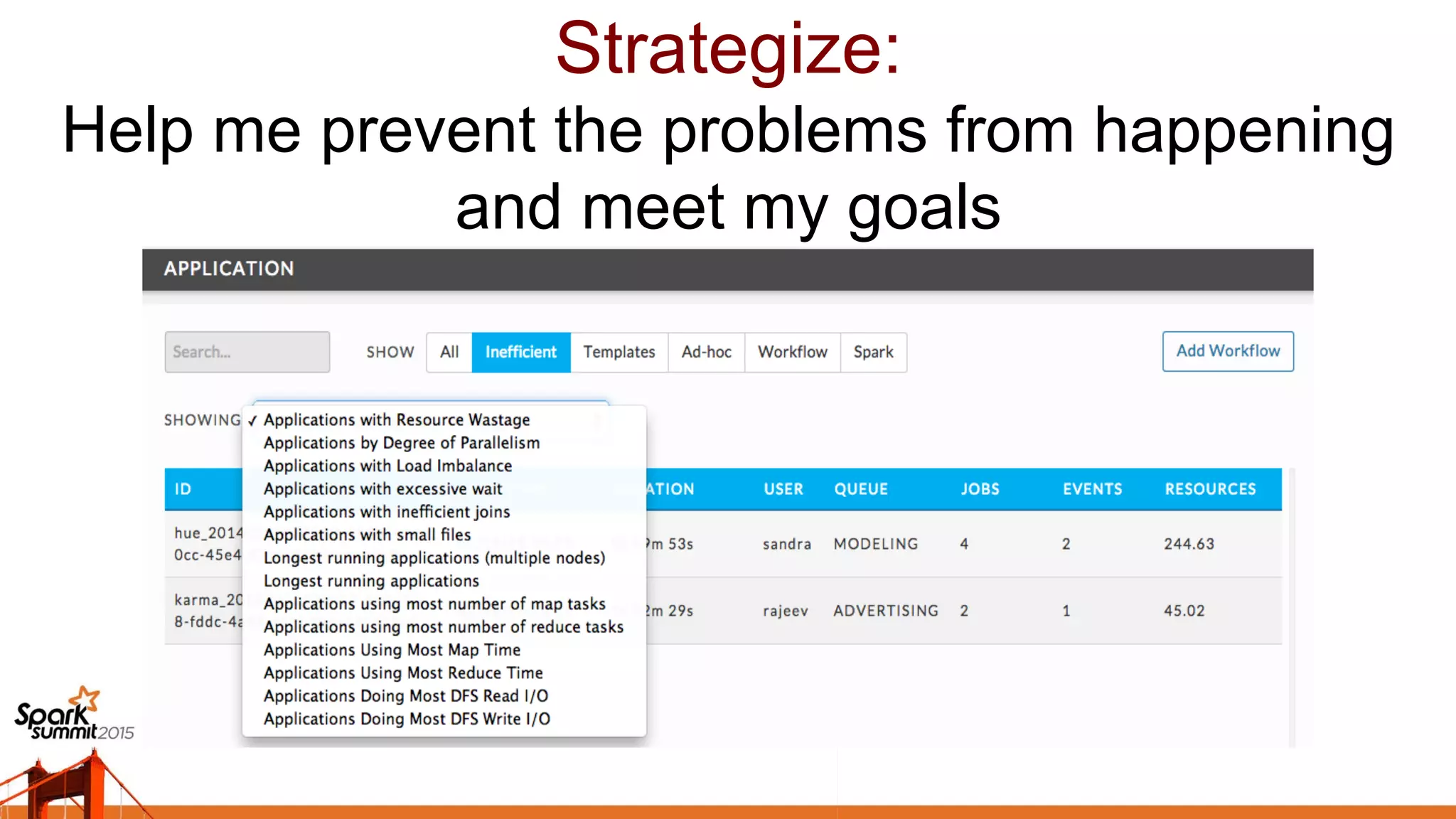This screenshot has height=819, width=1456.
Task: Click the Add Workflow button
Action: point(1228,351)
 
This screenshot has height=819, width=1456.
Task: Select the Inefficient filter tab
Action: point(520,352)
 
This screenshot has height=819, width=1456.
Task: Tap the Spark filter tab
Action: point(873,352)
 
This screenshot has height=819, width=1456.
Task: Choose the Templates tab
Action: point(619,352)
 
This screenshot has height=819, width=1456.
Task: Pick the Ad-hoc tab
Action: point(706,352)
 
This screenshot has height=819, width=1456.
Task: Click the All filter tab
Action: point(449,352)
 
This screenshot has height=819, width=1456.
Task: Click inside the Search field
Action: point(247,352)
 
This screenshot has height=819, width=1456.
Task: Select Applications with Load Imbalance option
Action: point(387,466)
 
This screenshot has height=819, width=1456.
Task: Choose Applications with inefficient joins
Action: point(387,512)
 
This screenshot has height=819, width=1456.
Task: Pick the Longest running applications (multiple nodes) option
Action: point(434,558)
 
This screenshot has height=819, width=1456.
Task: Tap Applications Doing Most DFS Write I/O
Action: point(407,719)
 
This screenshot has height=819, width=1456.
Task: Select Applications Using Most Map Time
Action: point(392,650)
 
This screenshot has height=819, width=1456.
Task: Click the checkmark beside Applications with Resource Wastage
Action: point(252,420)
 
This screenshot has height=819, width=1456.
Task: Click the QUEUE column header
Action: point(861,489)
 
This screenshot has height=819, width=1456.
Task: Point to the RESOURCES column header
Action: point(1210,489)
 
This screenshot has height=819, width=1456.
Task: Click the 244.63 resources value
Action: point(1189,544)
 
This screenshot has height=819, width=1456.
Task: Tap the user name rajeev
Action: point(785,611)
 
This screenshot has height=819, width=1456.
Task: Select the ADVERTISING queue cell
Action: point(886,611)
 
